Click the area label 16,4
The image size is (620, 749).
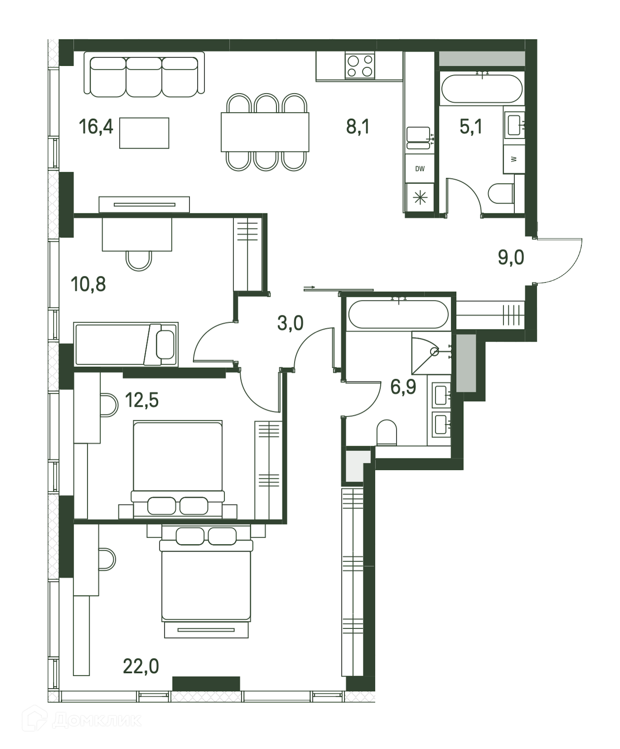coord(96,127)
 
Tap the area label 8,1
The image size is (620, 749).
coord(358,127)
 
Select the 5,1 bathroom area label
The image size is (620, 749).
coord(471,127)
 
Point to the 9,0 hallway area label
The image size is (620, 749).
coord(511,257)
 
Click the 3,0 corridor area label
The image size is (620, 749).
coord(290,323)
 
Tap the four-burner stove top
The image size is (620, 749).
coord(360,66)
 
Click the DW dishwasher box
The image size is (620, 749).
coord(420,169)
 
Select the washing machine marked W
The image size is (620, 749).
coord(514,159)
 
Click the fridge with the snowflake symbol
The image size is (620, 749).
coord(420,197)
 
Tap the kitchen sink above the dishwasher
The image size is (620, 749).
coord(418,138)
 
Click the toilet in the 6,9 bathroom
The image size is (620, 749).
coord(387,432)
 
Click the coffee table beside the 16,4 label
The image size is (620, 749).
coord(144,133)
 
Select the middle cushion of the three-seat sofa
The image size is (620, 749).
coord(144,77)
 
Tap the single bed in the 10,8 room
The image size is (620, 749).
coord(126,344)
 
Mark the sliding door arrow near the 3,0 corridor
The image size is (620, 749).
coord(309,287)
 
